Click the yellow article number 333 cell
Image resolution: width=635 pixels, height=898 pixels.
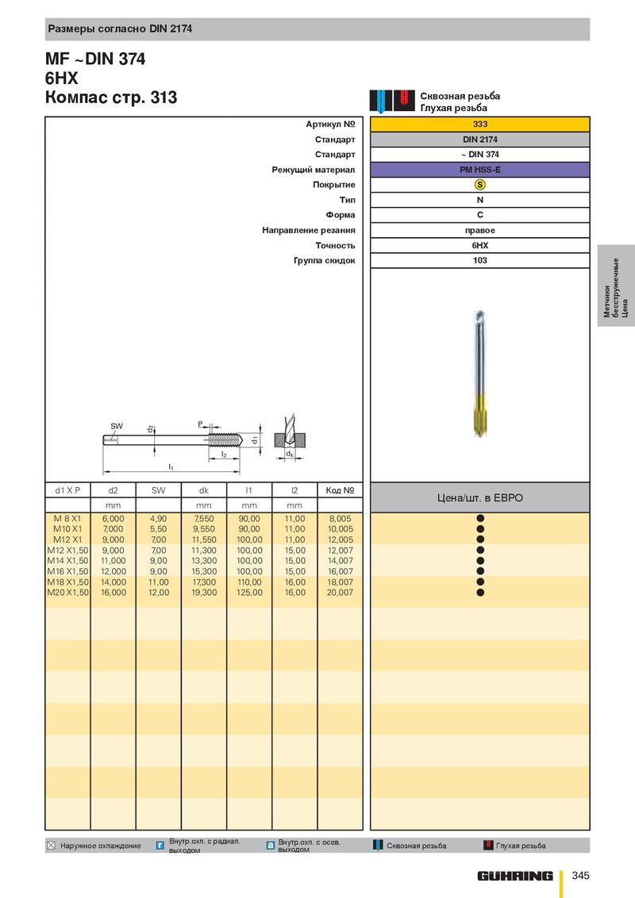pyautogui.click(x=479, y=124)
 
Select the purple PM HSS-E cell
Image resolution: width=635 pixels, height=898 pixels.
pyautogui.click(x=479, y=170)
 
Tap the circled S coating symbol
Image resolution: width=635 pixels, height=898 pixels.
pyautogui.click(x=480, y=184)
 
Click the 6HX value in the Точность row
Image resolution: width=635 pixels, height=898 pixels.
pyautogui.click(x=480, y=245)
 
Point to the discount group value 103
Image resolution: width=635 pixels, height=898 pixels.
pyautogui.click(x=480, y=260)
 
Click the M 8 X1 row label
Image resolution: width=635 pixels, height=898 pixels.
pyautogui.click(x=67, y=518)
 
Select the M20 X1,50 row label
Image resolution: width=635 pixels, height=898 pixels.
pyautogui.click(x=67, y=592)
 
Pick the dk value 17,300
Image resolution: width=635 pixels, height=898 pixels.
pyautogui.click(x=204, y=581)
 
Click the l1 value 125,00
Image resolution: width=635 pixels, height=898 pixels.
pyautogui.click(x=249, y=592)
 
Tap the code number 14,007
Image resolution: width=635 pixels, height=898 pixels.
pyautogui.click(x=341, y=561)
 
